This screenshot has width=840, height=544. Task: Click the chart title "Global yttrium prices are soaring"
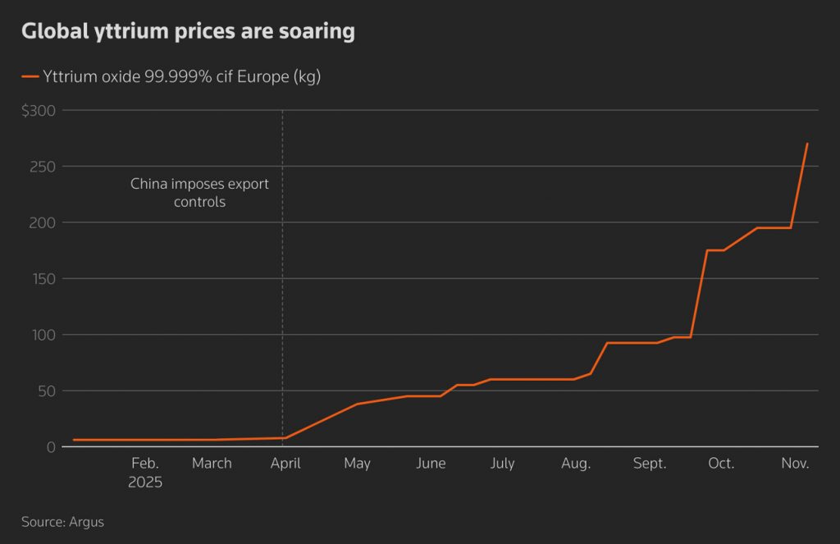pyautogui.click(x=188, y=32)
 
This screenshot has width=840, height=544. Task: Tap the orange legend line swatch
pyautogui.click(x=30, y=77)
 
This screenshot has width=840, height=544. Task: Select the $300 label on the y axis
pyautogui.click(x=38, y=111)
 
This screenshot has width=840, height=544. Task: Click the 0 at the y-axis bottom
pyautogui.click(x=51, y=447)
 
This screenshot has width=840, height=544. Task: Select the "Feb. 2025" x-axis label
pyautogui.click(x=145, y=473)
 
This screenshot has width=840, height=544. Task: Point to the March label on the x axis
pyautogui.click(x=212, y=464)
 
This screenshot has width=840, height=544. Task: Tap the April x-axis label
pyautogui.click(x=285, y=464)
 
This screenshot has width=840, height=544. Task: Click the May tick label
pyautogui.click(x=357, y=464)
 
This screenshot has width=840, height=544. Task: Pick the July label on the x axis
pyautogui.click(x=502, y=464)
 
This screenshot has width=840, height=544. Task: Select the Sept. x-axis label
pyautogui.click(x=649, y=464)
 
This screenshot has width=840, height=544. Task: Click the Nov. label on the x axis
pyautogui.click(x=795, y=464)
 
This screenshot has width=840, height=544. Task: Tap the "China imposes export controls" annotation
pyautogui.click(x=199, y=193)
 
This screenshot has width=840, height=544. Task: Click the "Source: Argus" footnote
pyautogui.click(x=63, y=521)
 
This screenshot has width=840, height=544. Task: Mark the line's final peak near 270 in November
pyautogui.click(x=807, y=144)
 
